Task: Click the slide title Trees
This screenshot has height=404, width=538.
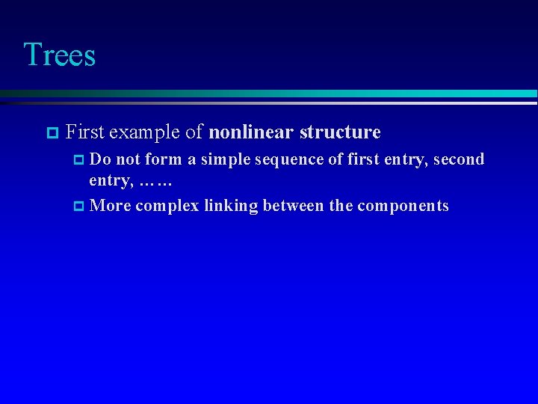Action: (59, 55)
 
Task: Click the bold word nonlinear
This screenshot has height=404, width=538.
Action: (252, 132)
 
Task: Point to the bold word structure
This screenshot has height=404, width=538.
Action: (340, 132)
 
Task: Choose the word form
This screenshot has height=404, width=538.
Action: (162, 159)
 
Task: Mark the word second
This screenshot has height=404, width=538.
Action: (457, 159)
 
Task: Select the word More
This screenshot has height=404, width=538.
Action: (109, 206)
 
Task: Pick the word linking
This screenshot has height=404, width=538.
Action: (231, 206)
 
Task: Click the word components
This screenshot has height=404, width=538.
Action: (403, 206)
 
